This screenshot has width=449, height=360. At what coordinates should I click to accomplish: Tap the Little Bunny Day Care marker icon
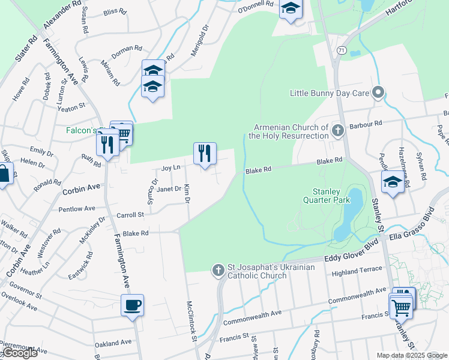tap(378, 93)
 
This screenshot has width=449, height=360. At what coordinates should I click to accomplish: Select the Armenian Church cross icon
tap(337, 129)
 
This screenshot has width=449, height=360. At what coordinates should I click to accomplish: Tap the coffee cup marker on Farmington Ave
tap(132, 305)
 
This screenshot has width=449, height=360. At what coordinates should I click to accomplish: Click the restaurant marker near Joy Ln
tap(205, 153)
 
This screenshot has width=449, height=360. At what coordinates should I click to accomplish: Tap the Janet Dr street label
tap(169, 189)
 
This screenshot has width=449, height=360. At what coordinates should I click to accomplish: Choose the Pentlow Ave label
tap(77, 209)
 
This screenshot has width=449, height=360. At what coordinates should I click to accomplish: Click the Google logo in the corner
tap(19, 353)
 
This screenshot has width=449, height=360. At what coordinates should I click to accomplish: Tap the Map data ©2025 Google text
tap(411, 355)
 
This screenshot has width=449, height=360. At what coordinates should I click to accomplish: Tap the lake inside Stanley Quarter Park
tap(348, 216)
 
